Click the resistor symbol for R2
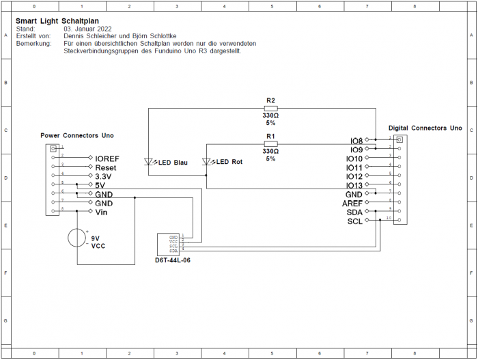click(x=270, y=108)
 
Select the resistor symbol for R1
click(x=270, y=143)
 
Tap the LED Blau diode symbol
click(x=150, y=162)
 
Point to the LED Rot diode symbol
click(x=207, y=162)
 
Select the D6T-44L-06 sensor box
click(x=169, y=243)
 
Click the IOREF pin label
click(x=107, y=158)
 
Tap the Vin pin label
click(x=101, y=212)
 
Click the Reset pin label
click(x=106, y=167)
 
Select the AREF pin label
click(x=354, y=204)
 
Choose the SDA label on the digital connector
click(x=355, y=212)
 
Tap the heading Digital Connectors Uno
click(x=425, y=128)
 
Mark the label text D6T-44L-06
click(x=172, y=260)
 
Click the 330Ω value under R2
click(x=270, y=115)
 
